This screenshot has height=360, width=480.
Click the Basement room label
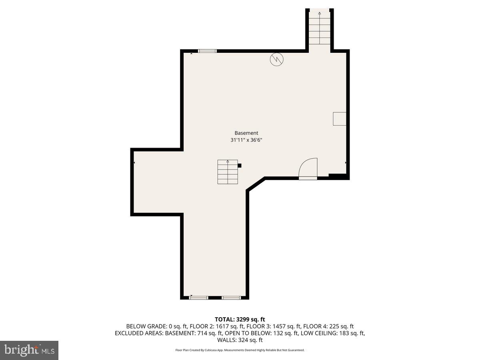pos(246,133)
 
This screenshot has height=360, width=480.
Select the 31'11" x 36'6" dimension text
pos(246,140)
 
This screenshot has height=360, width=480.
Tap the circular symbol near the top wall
pos(277,59)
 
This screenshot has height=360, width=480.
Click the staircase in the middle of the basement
pos(228,172)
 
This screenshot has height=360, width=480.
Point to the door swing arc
pos(308,168)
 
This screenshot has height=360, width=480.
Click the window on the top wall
pos(207,51)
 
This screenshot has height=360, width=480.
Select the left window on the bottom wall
pos(199,298)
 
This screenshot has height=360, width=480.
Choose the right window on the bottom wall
pos(232,298)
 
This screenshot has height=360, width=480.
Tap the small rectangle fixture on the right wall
pos(340,119)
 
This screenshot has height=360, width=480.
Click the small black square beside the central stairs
pos(240,165)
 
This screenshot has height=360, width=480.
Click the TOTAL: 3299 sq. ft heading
pos(240,319)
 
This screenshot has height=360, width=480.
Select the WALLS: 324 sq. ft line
pos(240,340)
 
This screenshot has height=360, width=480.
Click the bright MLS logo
pos(29,350)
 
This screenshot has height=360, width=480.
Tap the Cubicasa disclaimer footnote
pos(240,350)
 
